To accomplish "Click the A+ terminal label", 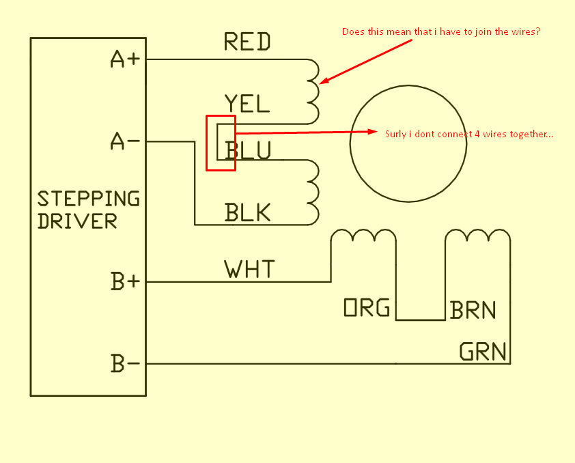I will [125, 60].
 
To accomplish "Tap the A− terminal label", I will [125, 142].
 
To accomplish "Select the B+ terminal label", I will [125, 281].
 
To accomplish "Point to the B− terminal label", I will [125, 363].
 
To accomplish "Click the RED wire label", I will [247, 42].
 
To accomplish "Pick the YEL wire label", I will [247, 104].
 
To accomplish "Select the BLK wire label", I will [247, 213].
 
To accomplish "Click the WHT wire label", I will [249, 269].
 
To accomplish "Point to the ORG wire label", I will [367, 309].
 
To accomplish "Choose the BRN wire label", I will [473, 311].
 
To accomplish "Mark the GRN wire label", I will [483, 352].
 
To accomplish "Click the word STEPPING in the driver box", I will [88, 199].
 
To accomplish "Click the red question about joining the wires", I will [441, 32].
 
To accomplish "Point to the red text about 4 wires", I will [469, 135].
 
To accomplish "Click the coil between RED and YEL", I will [314, 91].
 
